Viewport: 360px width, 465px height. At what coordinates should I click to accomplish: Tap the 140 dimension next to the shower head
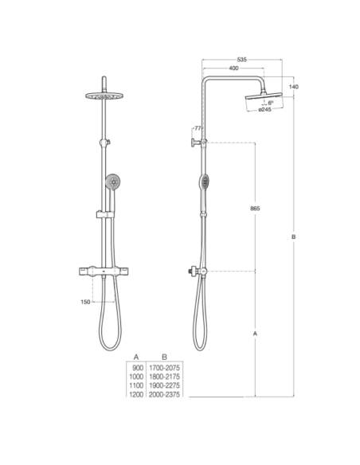[x=294, y=86]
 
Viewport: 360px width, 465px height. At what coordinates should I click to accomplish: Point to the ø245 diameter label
[x=266, y=109]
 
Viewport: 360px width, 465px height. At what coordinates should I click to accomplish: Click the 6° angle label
[x=271, y=102]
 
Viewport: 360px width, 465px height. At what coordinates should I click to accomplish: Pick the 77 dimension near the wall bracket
[x=197, y=128]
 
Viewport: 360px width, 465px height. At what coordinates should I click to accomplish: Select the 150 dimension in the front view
[x=85, y=302]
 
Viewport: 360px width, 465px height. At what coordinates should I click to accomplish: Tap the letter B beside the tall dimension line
[x=294, y=238]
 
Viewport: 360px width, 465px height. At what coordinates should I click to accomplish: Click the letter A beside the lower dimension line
[x=255, y=334]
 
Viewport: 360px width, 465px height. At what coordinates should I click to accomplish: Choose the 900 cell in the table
[x=136, y=369]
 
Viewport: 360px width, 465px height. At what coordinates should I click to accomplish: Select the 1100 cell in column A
[x=136, y=385]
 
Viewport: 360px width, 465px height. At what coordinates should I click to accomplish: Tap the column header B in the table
[x=164, y=358]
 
